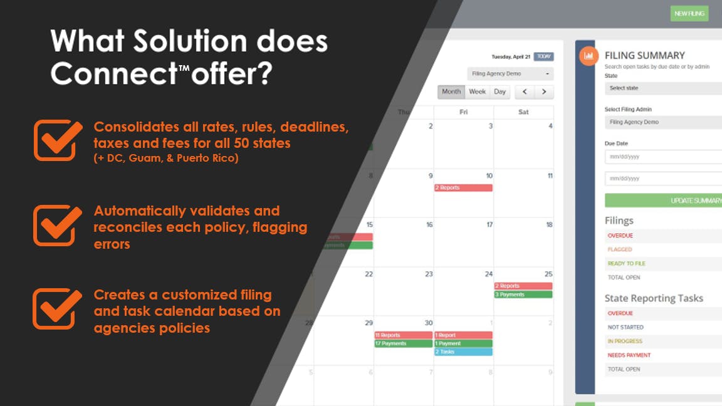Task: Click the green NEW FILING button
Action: point(689,13)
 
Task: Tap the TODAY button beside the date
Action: point(544,56)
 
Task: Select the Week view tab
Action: point(477,91)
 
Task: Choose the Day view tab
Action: point(500,91)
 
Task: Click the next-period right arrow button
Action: point(544,92)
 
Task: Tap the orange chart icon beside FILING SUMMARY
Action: point(588,56)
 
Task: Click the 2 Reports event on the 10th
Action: point(463,188)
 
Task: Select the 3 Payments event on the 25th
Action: point(523,294)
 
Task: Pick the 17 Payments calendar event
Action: point(403,343)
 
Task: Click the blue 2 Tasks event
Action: point(463,351)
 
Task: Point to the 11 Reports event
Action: point(403,335)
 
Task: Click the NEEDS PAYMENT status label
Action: point(629,355)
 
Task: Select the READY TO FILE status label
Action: point(626,264)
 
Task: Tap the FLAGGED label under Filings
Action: point(620,249)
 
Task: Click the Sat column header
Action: point(523,112)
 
